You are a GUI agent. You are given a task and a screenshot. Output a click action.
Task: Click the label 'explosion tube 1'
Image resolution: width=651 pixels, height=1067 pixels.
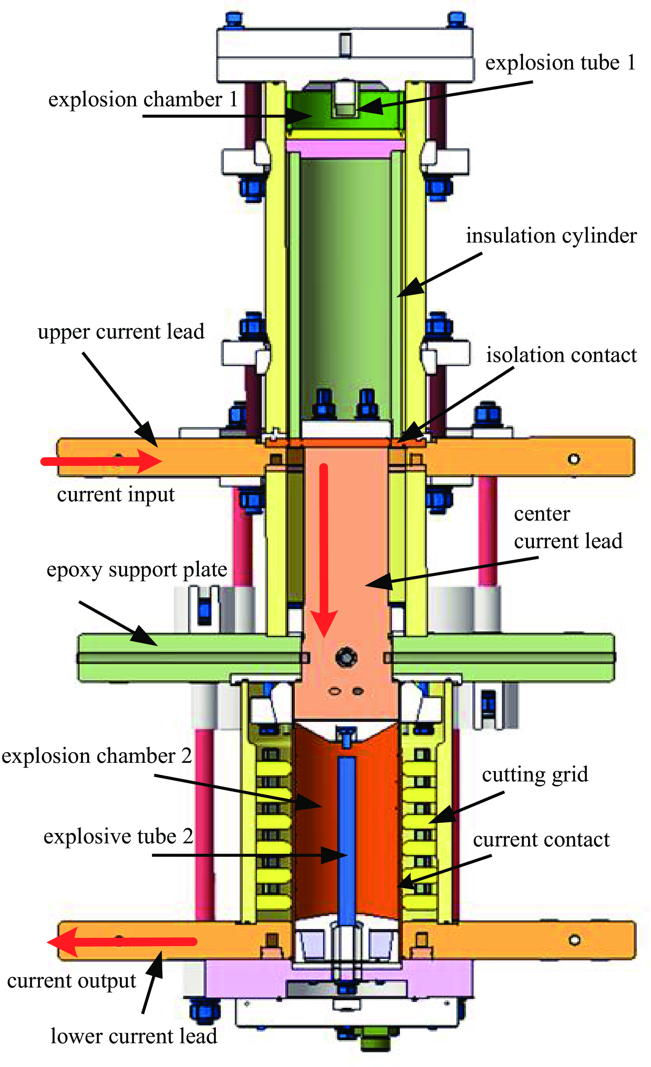pyautogui.click(x=560, y=63)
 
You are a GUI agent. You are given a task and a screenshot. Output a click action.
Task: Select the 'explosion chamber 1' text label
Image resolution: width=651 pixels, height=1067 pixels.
pyautogui.click(x=143, y=99)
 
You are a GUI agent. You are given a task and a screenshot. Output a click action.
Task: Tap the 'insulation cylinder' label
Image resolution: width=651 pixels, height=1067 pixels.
pyautogui.click(x=551, y=236)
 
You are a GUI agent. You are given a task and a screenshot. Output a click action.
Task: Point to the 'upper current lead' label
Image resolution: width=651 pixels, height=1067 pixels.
pyautogui.click(x=121, y=332)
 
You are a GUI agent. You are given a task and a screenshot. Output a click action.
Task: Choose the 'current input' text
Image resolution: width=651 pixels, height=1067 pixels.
pyautogui.click(x=116, y=494)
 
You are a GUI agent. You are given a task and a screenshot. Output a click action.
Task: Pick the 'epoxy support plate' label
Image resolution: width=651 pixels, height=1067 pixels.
pyautogui.click(x=136, y=570)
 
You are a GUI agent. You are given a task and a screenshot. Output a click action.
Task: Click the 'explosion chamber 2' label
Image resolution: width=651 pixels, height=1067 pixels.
pyautogui.click(x=97, y=756)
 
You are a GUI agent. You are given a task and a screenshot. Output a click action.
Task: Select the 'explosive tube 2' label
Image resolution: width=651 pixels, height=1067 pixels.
pyautogui.click(x=118, y=836)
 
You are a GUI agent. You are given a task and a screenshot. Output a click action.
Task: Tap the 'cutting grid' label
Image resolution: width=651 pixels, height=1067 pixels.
pyautogui.click(x=535, y=774)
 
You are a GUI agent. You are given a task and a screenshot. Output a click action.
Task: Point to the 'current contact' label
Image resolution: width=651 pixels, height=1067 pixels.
pyautogui.click(x=541, y=840)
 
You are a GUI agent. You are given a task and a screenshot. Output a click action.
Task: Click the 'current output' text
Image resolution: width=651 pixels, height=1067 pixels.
pyautogui.click(x=72, y=981)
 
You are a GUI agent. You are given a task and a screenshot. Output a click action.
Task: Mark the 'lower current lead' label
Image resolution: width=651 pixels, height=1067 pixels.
pyautogui.click(x=134, y=1036)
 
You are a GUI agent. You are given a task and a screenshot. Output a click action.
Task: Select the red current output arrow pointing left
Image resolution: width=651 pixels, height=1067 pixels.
pyautogui.click(x=121, y=941)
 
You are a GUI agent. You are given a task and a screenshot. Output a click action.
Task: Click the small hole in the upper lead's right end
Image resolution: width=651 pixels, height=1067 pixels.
pyautogui.click(x=574, y=459)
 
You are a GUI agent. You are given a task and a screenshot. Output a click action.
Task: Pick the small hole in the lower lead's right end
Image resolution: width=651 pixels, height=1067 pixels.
pyautogui.click(x=575, y=940)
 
